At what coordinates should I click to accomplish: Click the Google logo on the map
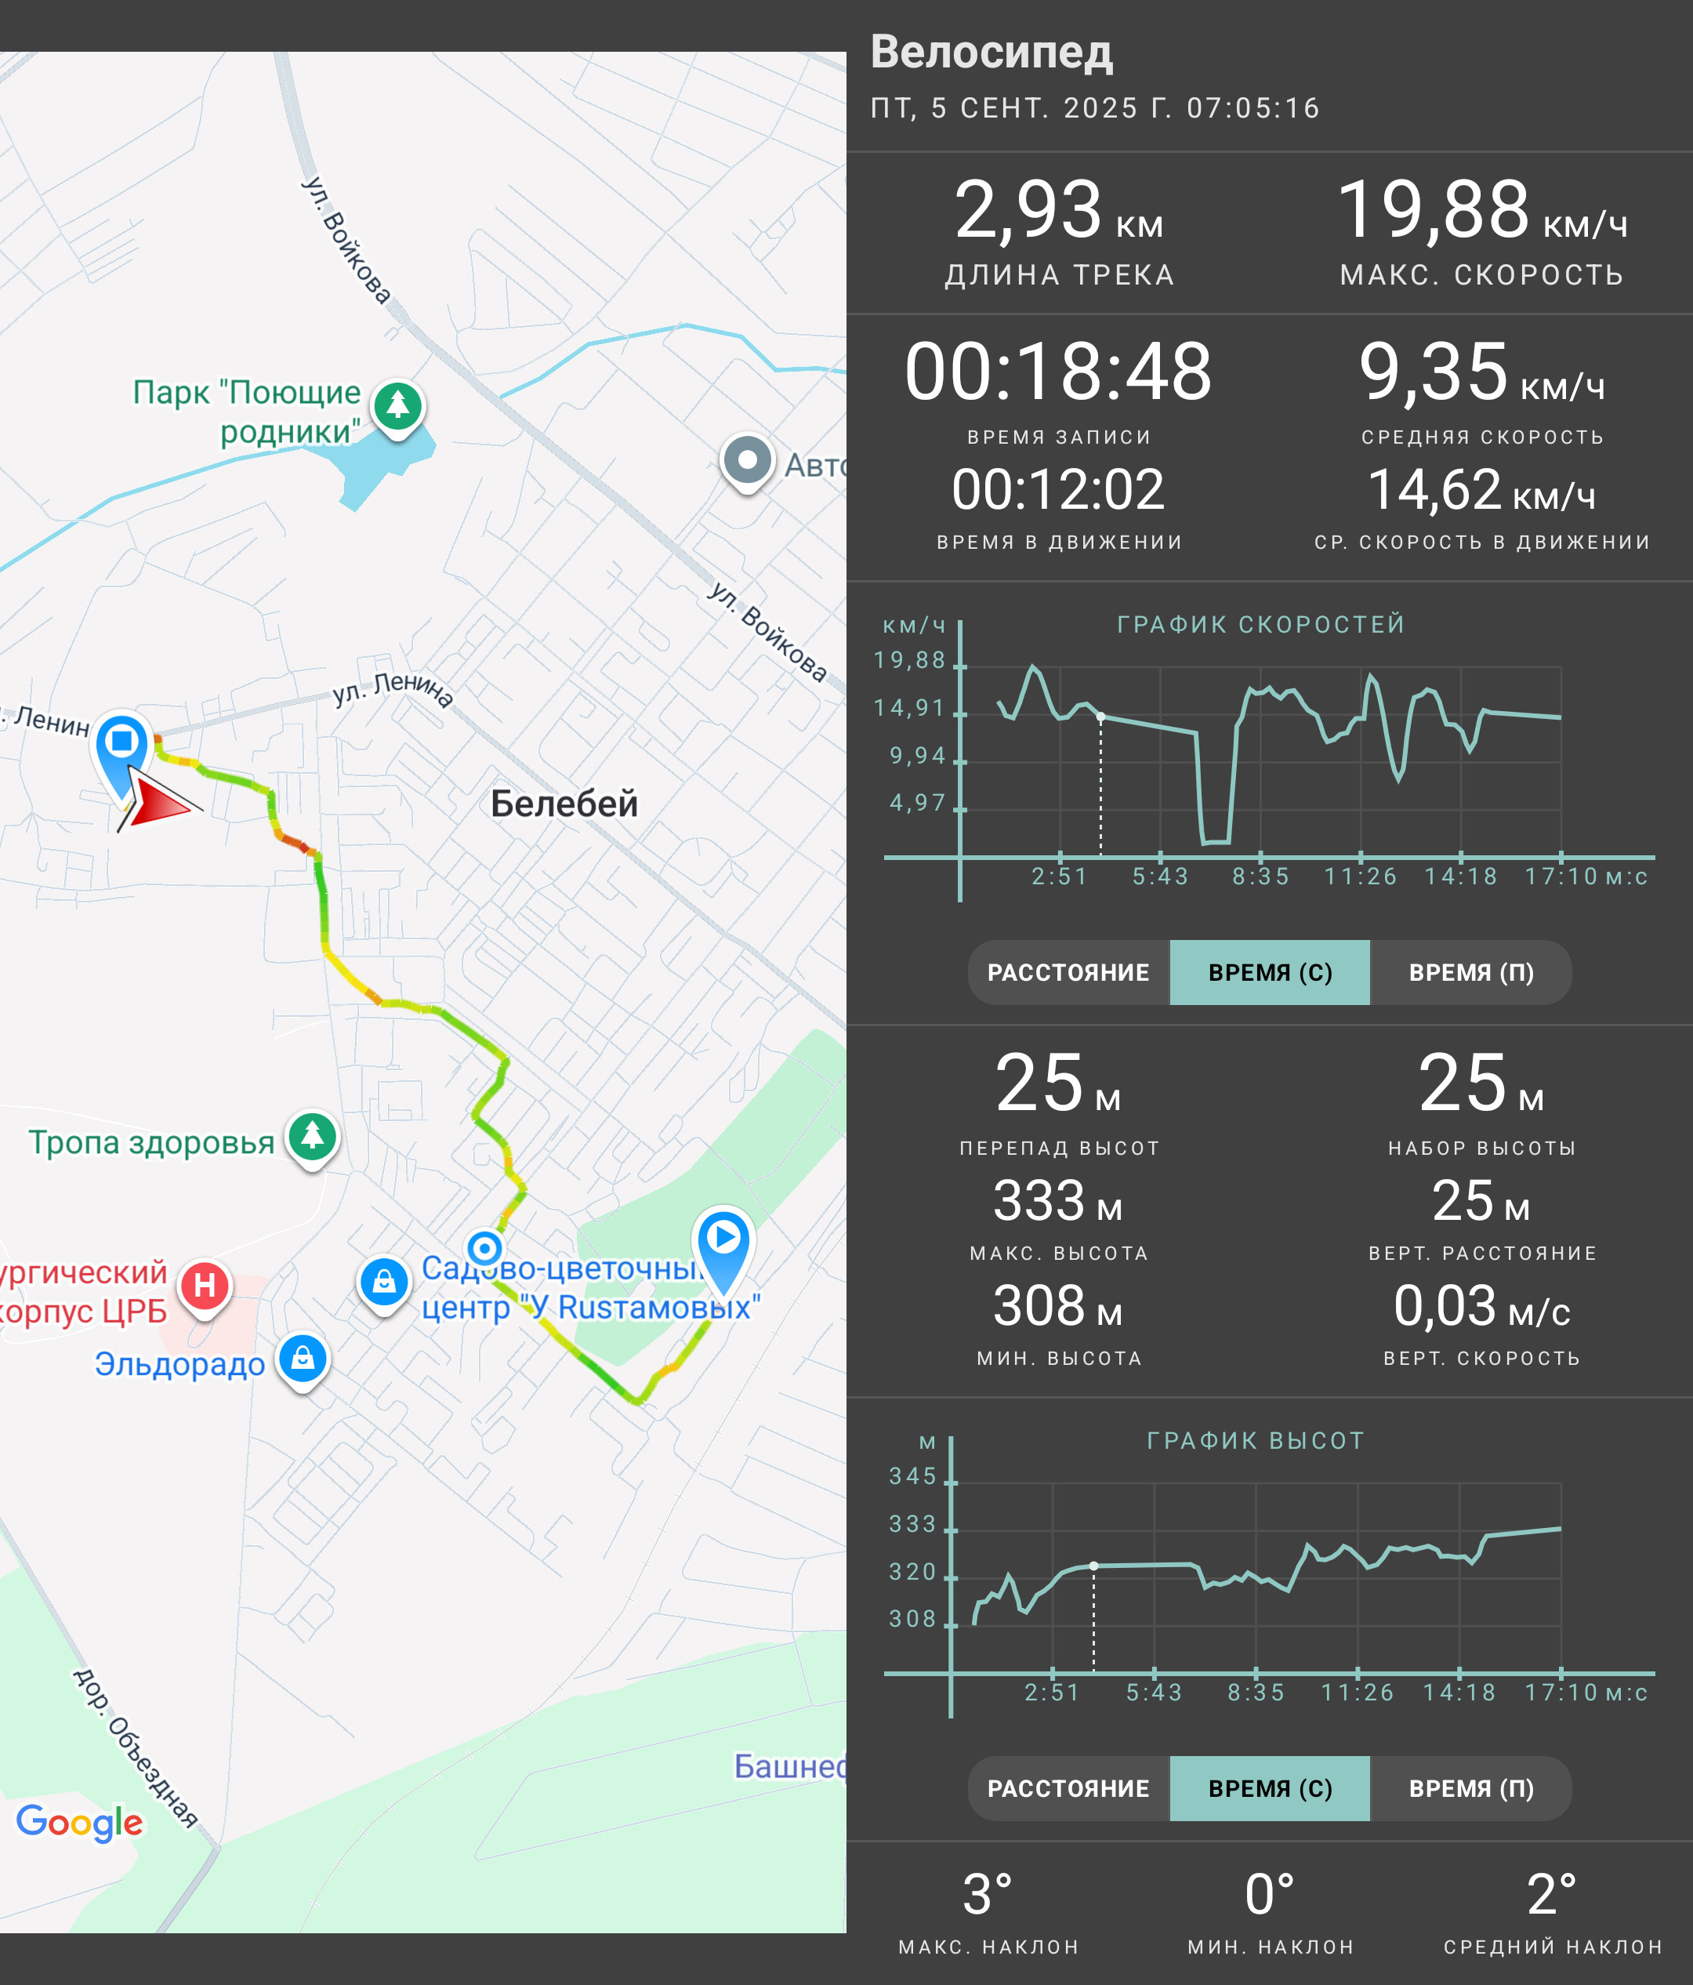[79, 1822]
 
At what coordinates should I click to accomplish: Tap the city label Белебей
[564, 803]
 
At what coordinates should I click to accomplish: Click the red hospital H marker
[205, 1286]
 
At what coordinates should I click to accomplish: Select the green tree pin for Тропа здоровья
[314, 1138]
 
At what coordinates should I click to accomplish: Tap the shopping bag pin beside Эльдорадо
[303, 1360]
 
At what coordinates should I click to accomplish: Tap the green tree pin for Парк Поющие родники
[397, 408]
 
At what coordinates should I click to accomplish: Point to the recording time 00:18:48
[1058, 371]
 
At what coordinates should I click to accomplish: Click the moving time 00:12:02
[1058, 489]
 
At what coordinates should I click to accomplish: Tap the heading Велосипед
[991, 52]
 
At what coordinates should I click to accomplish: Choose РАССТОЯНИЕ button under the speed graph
[1068, 972]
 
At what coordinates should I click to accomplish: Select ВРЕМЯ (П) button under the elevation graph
[1471, 1788]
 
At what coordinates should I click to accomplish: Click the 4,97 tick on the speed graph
[917, 803]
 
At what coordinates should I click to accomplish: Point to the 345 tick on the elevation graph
[912, 1476]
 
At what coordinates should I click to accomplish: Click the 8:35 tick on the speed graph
[1260, 876]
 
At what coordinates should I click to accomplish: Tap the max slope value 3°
[988, 1894]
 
